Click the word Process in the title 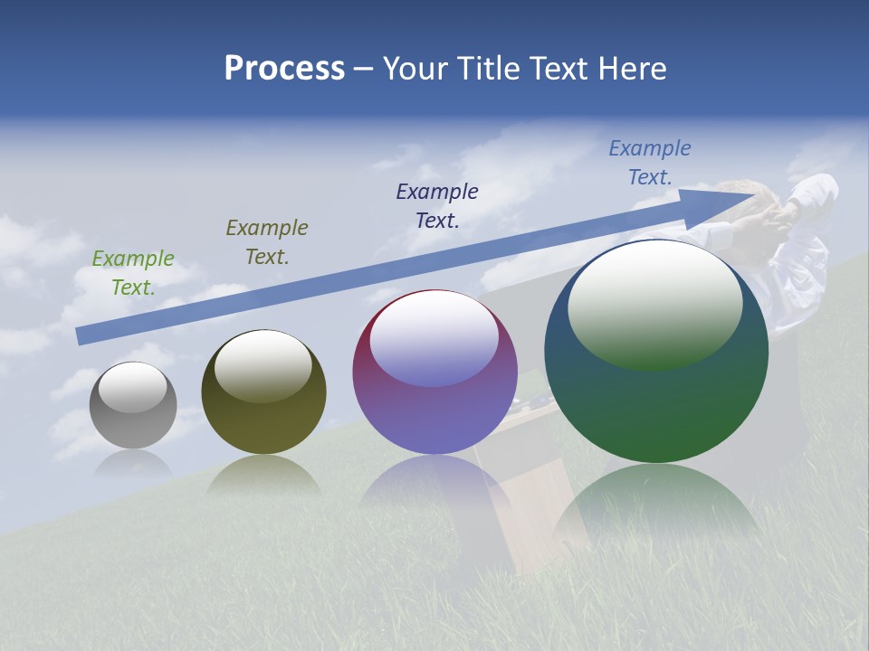click(x=284, y=69)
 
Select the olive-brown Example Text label click(x=267, y=242)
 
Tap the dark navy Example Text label click(x=437, y=205)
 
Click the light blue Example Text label click(x=650, y=162)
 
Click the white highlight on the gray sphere click(x=133, y=388)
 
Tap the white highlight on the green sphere click(x=654, y=303)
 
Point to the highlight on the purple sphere click(x=434, y=338)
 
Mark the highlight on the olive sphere click(x=263, y=365)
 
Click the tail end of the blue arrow click(x=83, y=335)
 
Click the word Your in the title click(x=413, y=69)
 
